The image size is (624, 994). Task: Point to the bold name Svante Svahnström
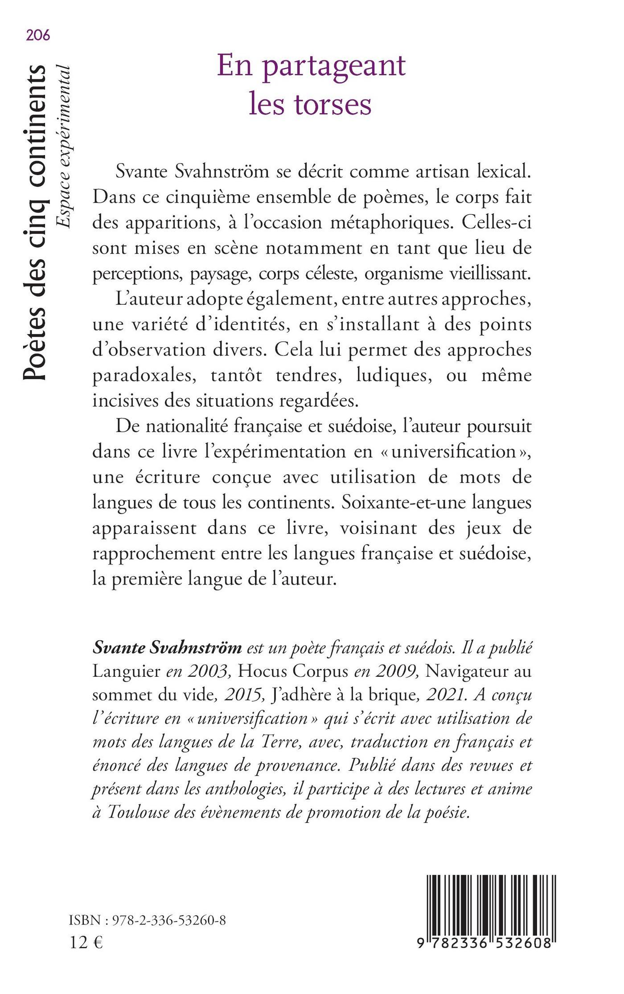tap(167, 648)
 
